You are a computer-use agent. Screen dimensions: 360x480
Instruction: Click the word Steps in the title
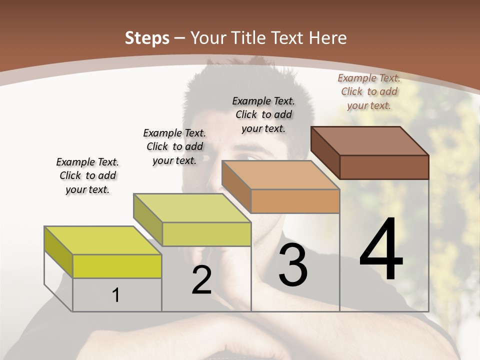click(x=147, y=38)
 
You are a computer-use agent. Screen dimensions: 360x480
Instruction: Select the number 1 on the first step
click(x=116, y=295)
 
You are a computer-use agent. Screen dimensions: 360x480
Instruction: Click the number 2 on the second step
click(x=201, y=280)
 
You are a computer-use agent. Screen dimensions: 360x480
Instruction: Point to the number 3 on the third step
click(x=293, y=265)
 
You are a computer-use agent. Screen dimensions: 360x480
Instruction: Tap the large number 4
click(x=381, y=250)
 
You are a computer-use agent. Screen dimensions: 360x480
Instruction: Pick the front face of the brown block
click(x=384, y=167)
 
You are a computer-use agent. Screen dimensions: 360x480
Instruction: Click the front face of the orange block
click(x=295, y=201)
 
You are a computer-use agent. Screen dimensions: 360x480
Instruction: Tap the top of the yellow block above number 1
click(x=103, y=240)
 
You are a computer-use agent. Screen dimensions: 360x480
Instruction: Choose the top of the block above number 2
click(x=192, y=207)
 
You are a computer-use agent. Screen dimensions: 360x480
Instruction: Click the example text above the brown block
click(x=369, y=91)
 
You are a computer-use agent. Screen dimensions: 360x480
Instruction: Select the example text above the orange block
click(x=263, y=114)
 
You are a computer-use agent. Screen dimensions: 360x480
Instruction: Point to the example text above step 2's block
click(x=174, y=146)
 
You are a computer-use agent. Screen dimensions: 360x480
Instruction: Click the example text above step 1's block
click(x=87, y=175)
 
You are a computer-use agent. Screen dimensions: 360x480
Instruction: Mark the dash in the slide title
click(x=180, y=38)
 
